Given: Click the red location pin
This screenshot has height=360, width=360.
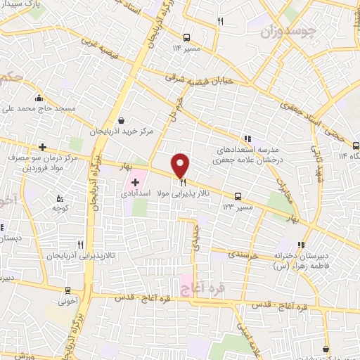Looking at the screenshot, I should pos(181,165).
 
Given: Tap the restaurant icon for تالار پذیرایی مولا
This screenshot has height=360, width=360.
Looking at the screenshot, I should pos(183,181).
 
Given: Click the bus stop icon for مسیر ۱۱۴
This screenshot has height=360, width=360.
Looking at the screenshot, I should pos(186,37).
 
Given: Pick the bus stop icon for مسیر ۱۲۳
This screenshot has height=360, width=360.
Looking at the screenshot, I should pos(238,196).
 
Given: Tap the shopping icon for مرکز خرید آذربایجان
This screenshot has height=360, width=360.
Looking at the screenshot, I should pos(122,121).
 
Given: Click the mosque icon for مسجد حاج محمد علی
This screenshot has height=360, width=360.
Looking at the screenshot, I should pos(39,98).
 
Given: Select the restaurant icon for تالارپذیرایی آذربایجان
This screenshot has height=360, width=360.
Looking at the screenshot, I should pos(80,245).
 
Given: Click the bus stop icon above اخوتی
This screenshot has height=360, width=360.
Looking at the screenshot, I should pos(67,290).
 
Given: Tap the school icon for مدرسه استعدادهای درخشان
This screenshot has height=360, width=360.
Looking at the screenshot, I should pos(247,139).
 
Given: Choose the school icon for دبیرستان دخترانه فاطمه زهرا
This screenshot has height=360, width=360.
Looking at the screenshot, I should pos(304,245).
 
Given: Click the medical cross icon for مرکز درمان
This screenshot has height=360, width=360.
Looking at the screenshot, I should pos(43,147).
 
